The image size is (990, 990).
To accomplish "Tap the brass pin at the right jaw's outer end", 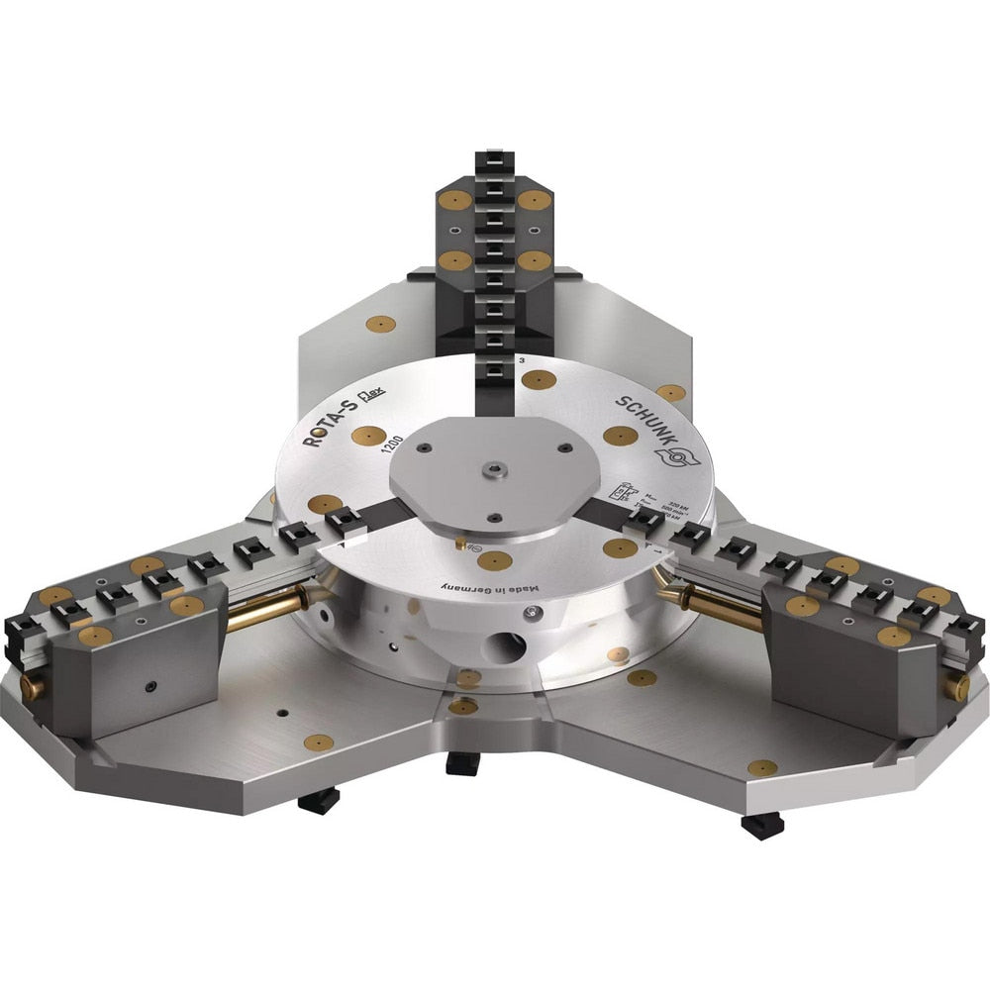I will [x=958, y=686].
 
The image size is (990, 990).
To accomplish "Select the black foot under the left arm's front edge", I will [x=319, y=800].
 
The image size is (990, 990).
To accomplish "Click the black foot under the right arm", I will [x=761, y=825].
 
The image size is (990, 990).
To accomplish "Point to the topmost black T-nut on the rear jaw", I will [x=492, y=159].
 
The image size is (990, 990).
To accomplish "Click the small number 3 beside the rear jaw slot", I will [x=521, y=361].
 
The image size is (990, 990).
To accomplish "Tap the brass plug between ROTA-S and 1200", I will [x=367, y=435].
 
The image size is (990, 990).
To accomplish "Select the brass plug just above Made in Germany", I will [x=494, y=561].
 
